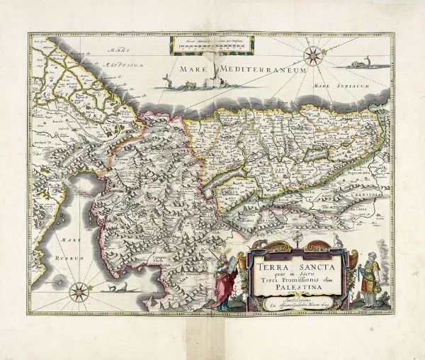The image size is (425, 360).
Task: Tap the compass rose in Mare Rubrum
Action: [x=79, y=289]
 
